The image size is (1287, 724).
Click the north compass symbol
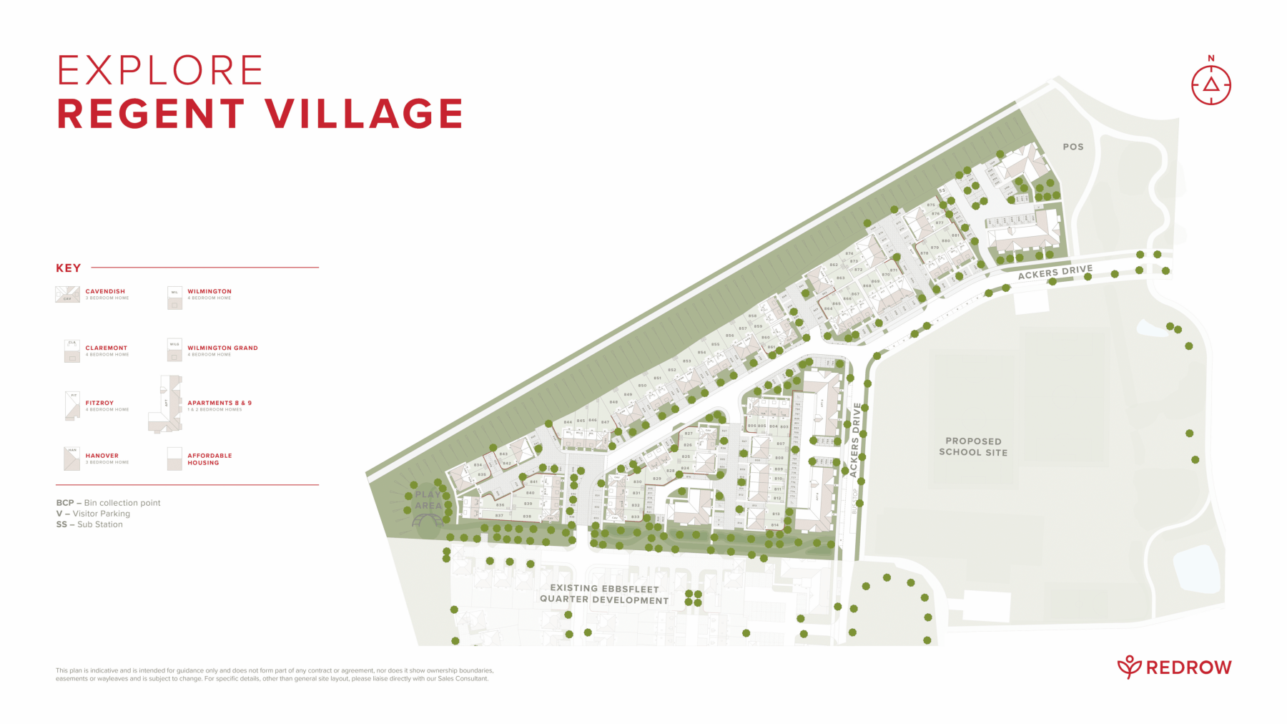1210,84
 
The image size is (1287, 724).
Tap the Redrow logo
1174,667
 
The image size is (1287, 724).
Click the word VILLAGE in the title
364,114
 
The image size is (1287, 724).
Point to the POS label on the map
1072,147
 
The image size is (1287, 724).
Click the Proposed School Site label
973,446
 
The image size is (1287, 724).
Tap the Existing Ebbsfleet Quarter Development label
604,595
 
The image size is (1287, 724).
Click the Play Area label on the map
428,499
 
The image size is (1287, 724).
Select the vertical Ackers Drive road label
855,439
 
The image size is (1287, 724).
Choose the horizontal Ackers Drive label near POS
1055,272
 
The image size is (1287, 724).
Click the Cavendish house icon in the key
67,295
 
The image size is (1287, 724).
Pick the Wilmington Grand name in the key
222,348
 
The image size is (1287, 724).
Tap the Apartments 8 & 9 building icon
166,404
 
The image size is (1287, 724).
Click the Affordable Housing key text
209,459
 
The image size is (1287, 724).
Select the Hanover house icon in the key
71,459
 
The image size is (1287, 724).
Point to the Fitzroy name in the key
99,403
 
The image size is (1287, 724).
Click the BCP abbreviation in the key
64,503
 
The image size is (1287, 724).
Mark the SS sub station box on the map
942,191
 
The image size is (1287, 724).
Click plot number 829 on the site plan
657,478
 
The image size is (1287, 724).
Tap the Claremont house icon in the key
71,351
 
